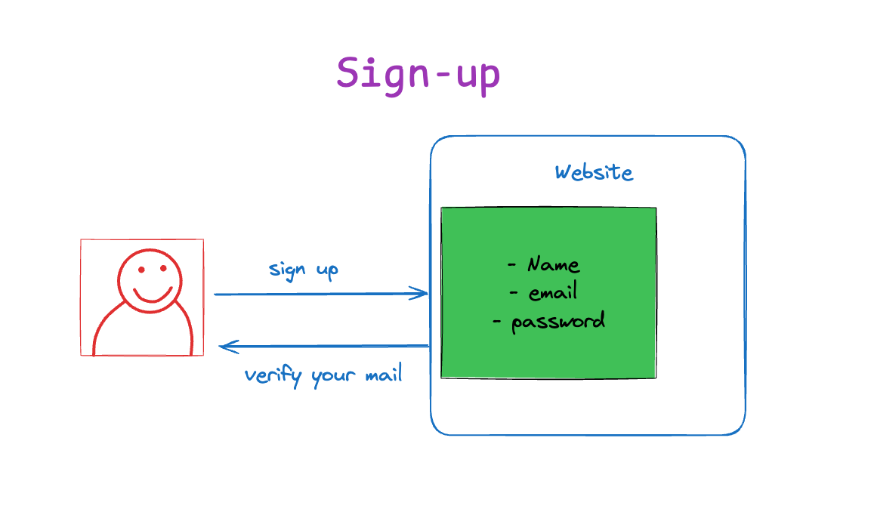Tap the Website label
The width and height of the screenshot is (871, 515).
[594, 172]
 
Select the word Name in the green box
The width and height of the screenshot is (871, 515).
[553, 264]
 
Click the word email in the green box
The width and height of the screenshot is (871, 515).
[553, 291]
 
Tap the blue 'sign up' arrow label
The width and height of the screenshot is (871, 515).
[303, 270]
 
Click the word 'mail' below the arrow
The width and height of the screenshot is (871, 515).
[383, 375]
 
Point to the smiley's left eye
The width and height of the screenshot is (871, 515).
[142, 270]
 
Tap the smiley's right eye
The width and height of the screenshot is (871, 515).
[163, 268]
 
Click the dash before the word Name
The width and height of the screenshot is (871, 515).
[511, 265]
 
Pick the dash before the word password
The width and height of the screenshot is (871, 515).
[496, 321]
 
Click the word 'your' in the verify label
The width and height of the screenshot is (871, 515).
[333, 377]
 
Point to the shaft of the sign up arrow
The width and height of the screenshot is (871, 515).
[321, 294]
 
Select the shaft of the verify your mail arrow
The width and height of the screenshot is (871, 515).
[324, 346]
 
